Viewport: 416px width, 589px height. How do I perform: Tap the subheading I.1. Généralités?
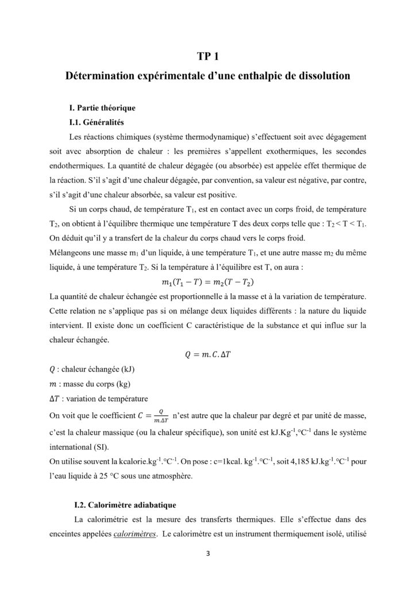tap(96, 123)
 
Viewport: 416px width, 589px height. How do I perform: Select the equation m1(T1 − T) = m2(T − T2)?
tap(207, 282)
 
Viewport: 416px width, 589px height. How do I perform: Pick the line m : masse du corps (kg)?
tap(89, 384)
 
